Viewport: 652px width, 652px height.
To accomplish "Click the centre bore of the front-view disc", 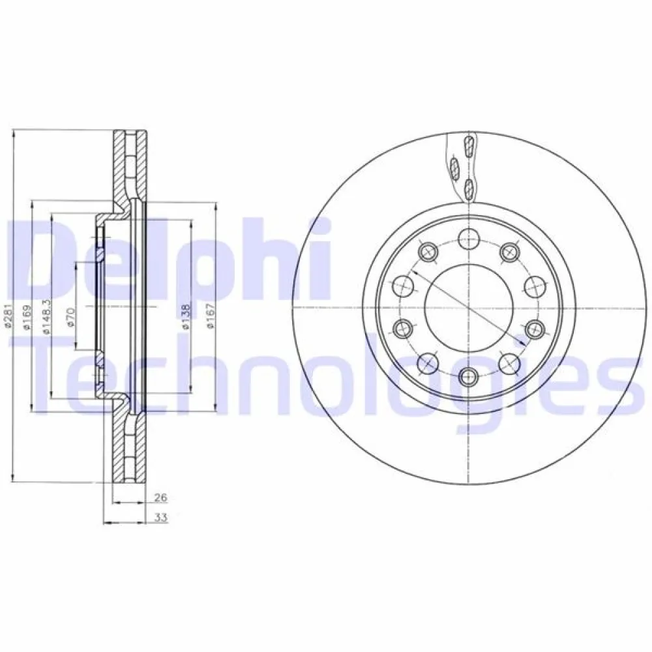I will (467, 307).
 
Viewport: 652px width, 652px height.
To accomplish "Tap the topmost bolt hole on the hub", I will (467, 237).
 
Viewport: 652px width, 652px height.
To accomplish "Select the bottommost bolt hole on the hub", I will (467, 376).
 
